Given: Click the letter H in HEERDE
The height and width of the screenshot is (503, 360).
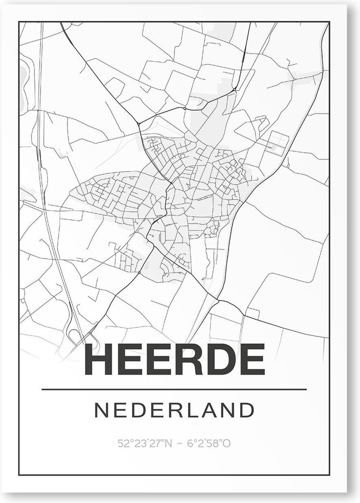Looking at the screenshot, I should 100,360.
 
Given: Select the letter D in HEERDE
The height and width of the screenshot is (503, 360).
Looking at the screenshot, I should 222,360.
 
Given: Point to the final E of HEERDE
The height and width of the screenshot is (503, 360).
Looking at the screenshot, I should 253,360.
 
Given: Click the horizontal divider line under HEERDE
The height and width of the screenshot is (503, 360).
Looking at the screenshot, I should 175,389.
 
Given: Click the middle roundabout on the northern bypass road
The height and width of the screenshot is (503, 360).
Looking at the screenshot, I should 185,108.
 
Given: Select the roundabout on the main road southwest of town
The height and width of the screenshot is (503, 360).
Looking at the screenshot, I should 139,272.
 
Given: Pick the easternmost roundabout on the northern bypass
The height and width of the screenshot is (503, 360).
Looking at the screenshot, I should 234,89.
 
